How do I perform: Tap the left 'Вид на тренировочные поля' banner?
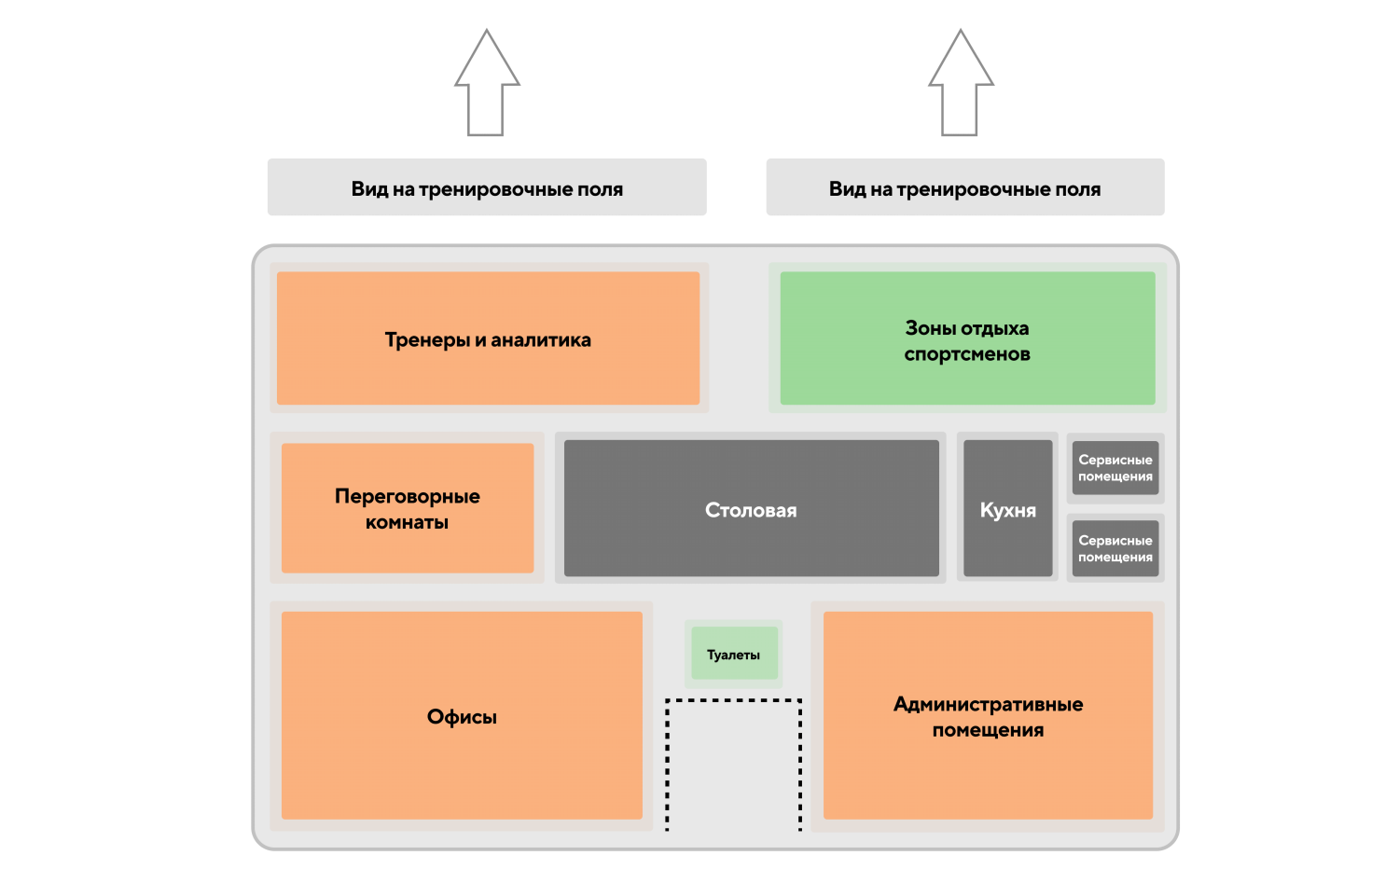click(487, 187)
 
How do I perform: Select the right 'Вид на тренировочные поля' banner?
click(965, 187)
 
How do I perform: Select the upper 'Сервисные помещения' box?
click(1115, 468)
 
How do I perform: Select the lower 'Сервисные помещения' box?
click(1115, 548)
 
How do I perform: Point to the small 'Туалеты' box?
click(734, 655)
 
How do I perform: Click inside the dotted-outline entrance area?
click(734, 765)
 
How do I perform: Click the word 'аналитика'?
click(541, 340)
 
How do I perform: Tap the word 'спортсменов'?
click(967, 354)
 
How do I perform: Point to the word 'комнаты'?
click(407, 522)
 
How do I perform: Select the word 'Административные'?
click(988, 704)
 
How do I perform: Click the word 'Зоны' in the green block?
click(927, 328)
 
